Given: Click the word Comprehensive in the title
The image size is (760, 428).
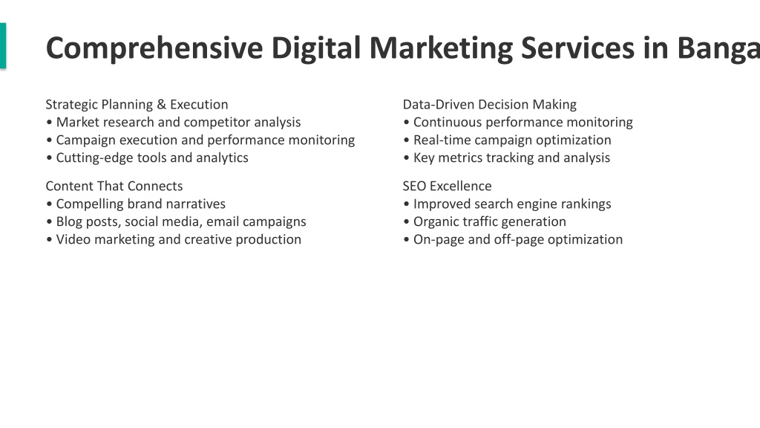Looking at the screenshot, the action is [x=154, y=49].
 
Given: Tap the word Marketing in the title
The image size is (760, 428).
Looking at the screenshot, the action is [x=441, y=49].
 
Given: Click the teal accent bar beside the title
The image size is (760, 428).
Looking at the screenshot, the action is [x=3, y=45].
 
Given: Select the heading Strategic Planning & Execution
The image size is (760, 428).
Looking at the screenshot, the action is [x=137, y=105].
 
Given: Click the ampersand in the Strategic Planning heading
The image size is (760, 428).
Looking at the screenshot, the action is [x=161, y=104].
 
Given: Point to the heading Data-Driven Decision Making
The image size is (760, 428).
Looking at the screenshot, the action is [x=490, y=105].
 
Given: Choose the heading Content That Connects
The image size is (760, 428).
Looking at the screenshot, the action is [x=114, y=187].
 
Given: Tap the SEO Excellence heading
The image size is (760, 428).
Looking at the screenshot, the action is [x=447, y=187].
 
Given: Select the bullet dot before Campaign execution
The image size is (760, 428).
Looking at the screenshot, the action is [x=49, y=140].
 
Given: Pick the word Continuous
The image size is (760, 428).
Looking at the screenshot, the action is [x=448, y=123].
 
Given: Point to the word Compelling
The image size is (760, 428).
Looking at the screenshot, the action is [x=90, y=204].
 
